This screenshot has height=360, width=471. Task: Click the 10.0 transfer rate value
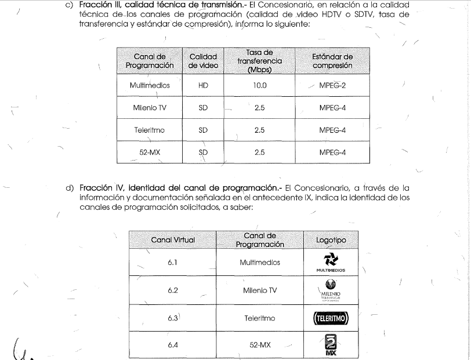[x=259, y=85]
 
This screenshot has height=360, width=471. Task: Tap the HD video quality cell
[x=203, y=85]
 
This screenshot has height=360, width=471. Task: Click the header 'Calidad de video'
[x=203, y=61]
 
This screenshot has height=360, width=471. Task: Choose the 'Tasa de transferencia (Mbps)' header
[x=259, y=61]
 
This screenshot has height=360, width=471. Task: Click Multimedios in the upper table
[x=150, y=85]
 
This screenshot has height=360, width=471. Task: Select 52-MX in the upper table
[x=150, y=152]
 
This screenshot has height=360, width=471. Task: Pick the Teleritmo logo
[x=331, y=318]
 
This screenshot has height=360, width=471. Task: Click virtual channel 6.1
[x=172, y=262]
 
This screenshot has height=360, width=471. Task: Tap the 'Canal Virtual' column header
[x=172, y=239]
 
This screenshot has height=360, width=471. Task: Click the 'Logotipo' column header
[x=331, y=239]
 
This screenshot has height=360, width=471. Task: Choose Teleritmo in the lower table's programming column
[x=259, y=318]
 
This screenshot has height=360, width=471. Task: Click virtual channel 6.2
[x=172, y=290]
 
